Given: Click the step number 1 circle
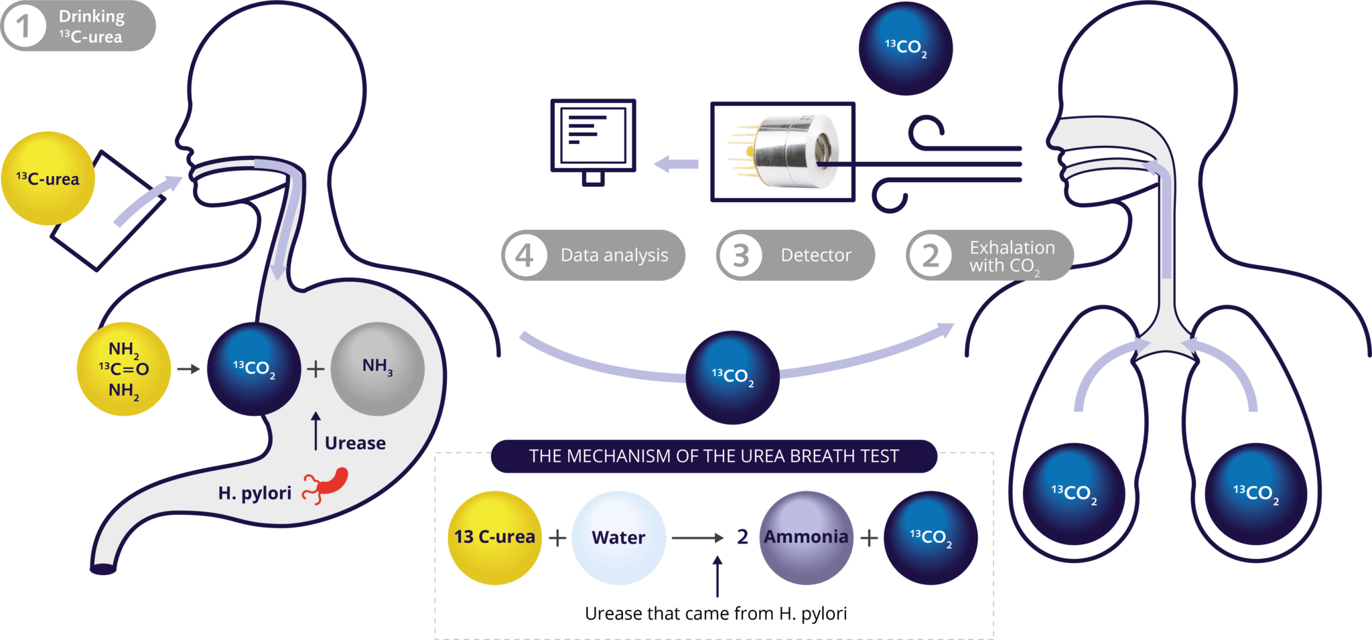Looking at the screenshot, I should pyautogui.click(x=24, y=27).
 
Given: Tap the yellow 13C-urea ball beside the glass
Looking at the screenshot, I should pyautogui.click(x=48, y=178).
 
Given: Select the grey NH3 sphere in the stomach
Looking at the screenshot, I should pyautogui.click(x=377, y=368).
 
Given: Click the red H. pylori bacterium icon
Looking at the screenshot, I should pyautogui.click(x=327, y=485).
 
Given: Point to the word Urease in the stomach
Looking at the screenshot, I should pyautogui.click(x=355, y=443).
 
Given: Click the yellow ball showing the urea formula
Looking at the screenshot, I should pyautogui.click(x=123, y=369).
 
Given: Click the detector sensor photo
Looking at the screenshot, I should pyautogui.click(x=782, y=152).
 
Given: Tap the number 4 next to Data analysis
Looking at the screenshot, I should pyautogui.click(x=525, y=255).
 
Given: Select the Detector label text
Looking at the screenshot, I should pyautogui.click(x=815, y=255).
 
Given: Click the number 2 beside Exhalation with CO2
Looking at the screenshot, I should pyautogui.click(x=930, y=256).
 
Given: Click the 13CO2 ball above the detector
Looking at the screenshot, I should pyautogui.click(x=905, y=48).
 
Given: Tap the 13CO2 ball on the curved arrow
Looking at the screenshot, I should pyautogui.click(x=732, y=377).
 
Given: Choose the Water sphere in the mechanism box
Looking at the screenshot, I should pyautogui.click(x=618, y=538).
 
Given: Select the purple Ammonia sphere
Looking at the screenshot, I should pyautogui.click(x=806, y=538).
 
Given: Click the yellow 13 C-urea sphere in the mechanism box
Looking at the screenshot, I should pyautogui.click(x=494, y=538).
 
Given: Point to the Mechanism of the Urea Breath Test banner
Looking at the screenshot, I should pyautogui.click(x=713, y=456).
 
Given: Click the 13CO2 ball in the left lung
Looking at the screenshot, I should pyautogui.click(x=1073, y=493).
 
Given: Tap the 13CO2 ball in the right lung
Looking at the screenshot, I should pyautogui.click(x=1255, y=493).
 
